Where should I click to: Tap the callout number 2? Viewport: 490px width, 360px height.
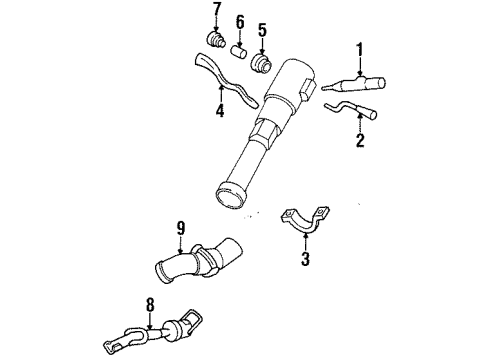click(360, 140)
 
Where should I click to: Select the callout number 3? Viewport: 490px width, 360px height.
click(307, 261)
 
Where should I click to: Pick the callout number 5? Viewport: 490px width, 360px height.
click(262, 29)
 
